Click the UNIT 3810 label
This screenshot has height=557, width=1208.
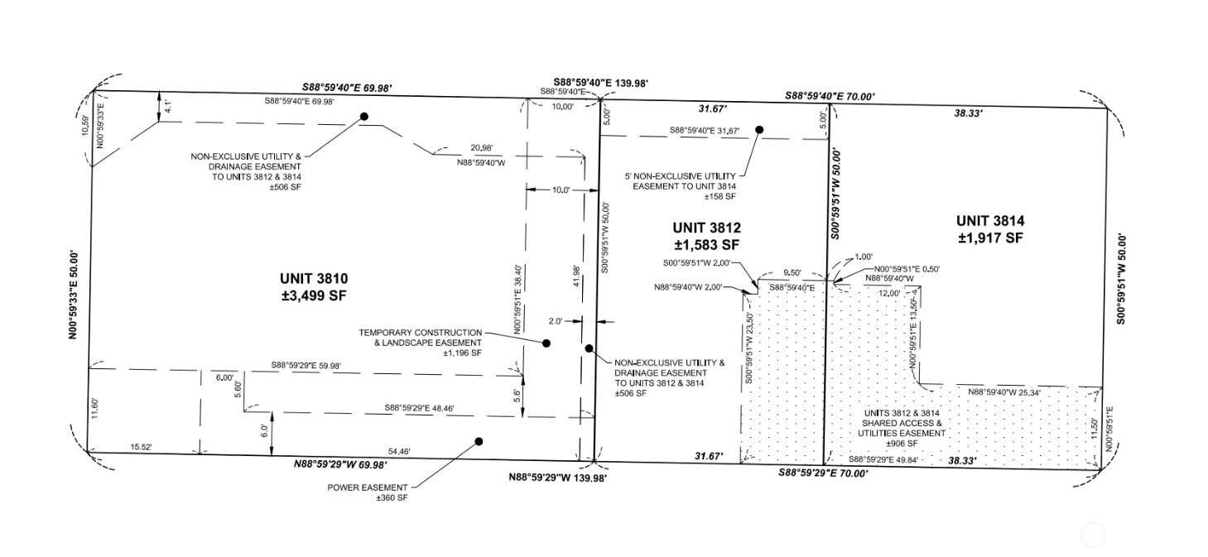(314, 279)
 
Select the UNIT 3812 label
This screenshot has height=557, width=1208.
(706, 228)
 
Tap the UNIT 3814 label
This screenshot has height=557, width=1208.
(991, 220)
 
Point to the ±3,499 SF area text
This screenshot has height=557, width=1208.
(314, 295)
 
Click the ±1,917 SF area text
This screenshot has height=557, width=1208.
(991, 238)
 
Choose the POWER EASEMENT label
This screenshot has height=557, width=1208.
(368, 487)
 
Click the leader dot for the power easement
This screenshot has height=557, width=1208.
(479, 442)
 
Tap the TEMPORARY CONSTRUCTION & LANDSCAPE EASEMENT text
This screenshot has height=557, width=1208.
(420, 343)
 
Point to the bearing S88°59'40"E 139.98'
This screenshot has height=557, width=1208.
(601, 83)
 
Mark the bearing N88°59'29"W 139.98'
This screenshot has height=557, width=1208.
(557, 478)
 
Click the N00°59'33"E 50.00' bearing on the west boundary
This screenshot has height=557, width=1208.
(74, 295)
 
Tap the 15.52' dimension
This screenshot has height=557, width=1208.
(142, 447)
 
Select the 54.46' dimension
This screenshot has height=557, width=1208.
(399, 451)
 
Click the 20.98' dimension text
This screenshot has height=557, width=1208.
(482, 148)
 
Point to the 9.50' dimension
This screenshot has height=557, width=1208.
(792, 273)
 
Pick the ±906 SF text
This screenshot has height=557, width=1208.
(902, 444)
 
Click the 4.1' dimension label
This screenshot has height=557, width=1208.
(168, 106)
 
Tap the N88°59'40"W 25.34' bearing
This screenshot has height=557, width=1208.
(1004, 392)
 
